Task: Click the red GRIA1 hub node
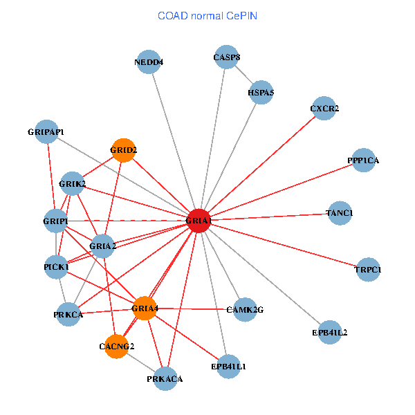[x=199, y=221]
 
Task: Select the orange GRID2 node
[x=123, y=150]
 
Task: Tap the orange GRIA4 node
[x=145, y=308]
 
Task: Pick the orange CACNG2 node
[x=116, y=347]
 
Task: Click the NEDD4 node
[x=149, y=62]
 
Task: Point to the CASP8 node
[x=226, y=57]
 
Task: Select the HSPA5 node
[x=261, y=93]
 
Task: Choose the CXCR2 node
[x=324, y=109]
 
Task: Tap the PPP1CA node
[x=363, y=160]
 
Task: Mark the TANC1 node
[x=340, y=213]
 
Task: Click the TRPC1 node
[x=368, y=270]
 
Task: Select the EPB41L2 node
[x=330, y=332]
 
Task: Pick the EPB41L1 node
[x=228, y=367]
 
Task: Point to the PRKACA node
[x=165, y=379]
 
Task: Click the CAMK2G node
[x=245, y=310]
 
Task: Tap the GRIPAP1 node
[x=46, y=131]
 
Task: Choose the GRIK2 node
[x=72, y=183]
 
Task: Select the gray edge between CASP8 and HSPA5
[x=243, y=75]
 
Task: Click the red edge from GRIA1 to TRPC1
[x=283, y=245]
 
